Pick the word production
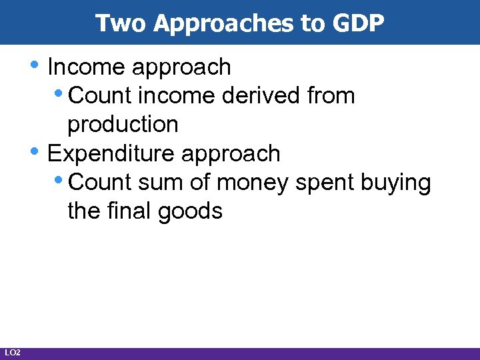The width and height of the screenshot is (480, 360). pyautogui.click(x=123, y=125)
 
